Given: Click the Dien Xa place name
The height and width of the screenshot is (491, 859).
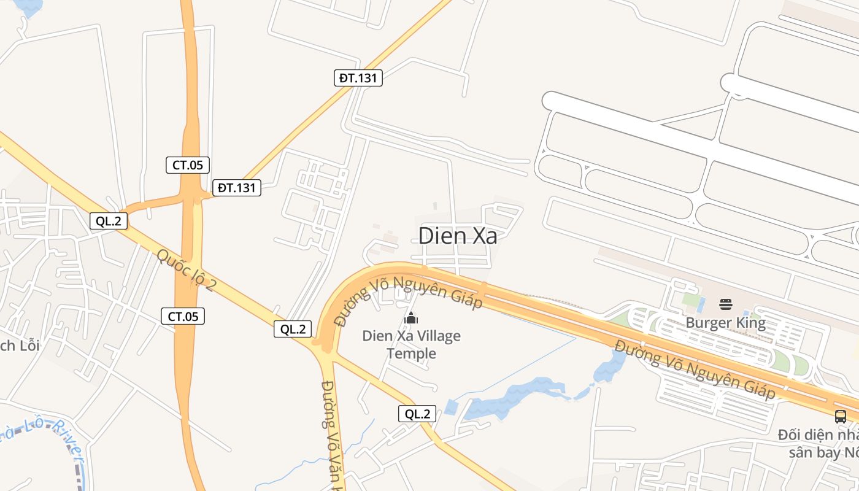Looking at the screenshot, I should pos(457,236).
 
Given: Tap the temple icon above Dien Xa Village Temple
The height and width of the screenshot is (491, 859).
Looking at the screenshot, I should pos(410,317).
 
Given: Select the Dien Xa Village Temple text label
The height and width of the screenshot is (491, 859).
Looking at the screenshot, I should pos(411,345).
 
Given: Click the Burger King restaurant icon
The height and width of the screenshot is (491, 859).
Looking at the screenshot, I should pos(725,304).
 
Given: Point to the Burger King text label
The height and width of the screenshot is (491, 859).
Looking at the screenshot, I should pos(725,323).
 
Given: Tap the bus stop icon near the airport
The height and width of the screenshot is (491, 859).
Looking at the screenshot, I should pos(840,416).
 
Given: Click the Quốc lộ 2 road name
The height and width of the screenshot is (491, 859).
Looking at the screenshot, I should pos(185,270).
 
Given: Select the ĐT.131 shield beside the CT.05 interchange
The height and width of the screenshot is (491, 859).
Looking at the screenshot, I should pos(237,188).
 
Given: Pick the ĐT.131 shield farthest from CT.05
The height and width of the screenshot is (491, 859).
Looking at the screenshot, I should pos(359,78).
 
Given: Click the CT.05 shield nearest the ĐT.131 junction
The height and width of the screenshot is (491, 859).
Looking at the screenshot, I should pos(188,164).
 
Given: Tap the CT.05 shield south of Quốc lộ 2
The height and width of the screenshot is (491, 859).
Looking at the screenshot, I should pos(182,316).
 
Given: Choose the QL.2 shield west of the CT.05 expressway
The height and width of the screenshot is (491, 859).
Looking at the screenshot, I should pos(109,221).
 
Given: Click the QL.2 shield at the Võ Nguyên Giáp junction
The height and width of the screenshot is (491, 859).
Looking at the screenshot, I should pos(293,329).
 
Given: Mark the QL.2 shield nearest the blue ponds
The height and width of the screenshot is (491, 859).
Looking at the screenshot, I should pos(417,414).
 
